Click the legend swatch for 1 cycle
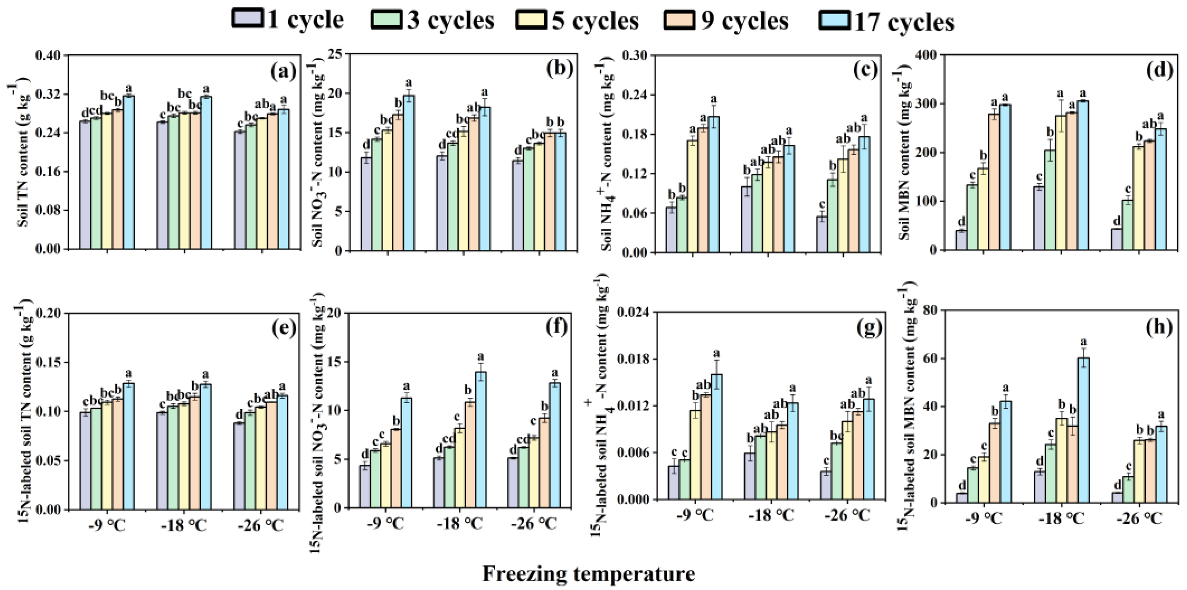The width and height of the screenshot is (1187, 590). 248,19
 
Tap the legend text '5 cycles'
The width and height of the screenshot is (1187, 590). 595,21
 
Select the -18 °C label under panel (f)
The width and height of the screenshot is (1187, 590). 459,523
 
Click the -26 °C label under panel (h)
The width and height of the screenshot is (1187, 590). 1139,519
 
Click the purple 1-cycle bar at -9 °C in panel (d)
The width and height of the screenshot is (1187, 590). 961,240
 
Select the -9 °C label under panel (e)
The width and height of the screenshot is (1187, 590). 107,525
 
